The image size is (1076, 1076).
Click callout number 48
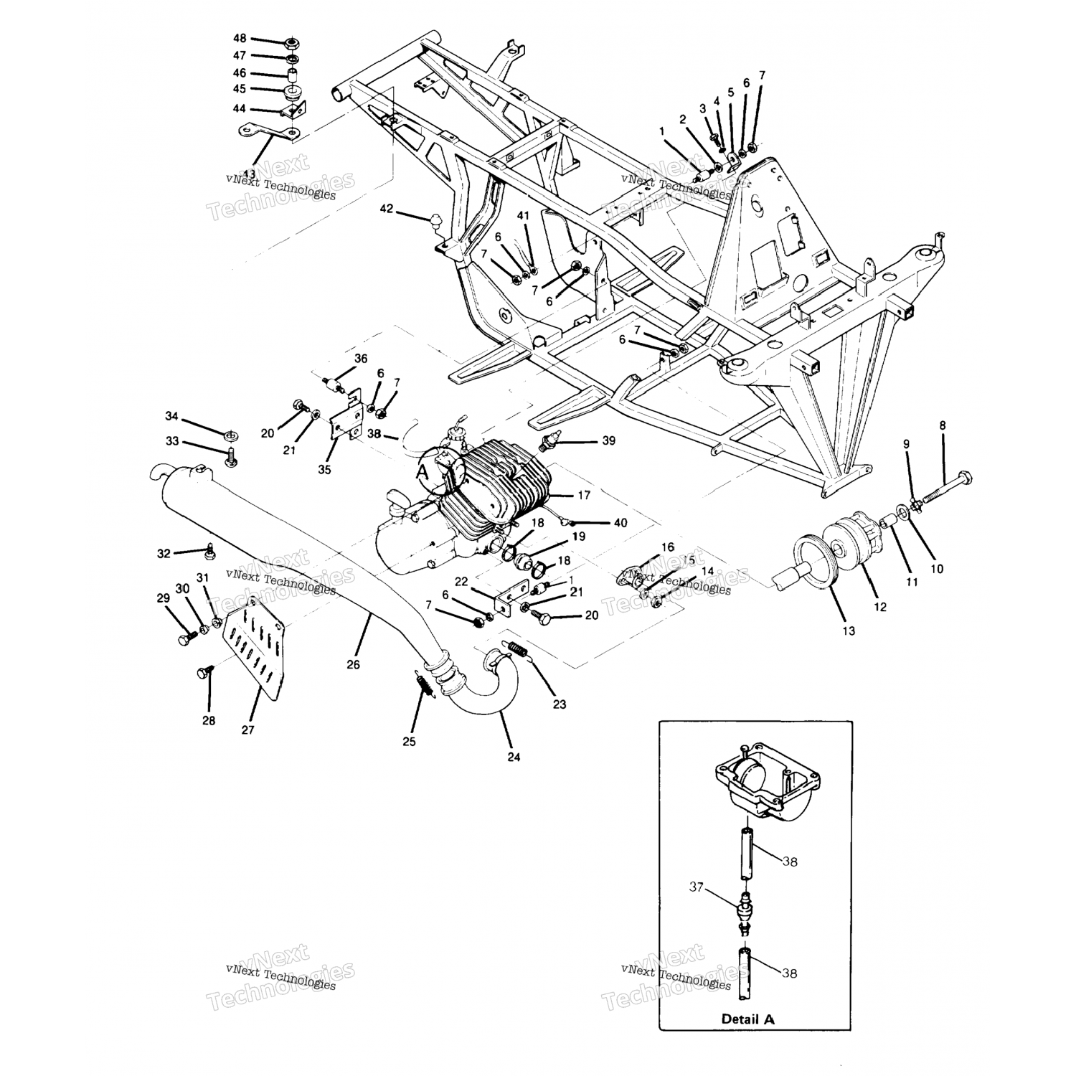click(240, 37)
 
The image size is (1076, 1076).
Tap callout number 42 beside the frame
click(387, 209)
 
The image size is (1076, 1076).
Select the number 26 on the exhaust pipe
click(353, 664)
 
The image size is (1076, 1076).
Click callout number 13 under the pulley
click(849, 631)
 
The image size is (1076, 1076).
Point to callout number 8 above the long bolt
click(943, 425)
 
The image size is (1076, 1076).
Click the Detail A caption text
click(748, 1019)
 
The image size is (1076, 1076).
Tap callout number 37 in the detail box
click(695, 887)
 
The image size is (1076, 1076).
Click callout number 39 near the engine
click(608, 440)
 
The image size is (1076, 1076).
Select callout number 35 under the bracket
click(324, 470)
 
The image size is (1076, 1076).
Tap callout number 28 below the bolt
click(209, 720)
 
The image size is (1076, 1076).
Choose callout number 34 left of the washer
click(171, 417)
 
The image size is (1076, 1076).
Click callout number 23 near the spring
click(559, 704)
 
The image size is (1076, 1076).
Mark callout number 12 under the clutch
click(880, 607)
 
